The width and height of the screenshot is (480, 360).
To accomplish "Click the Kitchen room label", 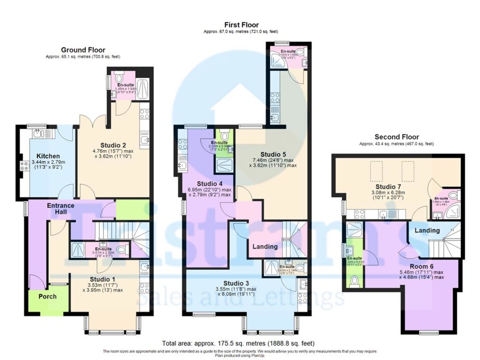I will tap(48, 156).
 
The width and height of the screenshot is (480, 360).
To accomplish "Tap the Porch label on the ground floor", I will tap(47, 296).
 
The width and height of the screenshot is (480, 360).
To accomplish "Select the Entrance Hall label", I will tap(61, 209).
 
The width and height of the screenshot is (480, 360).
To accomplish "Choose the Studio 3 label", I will tap(240, 283).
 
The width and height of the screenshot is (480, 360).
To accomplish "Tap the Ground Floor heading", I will tap(83, 50).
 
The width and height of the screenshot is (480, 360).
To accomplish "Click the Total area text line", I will tap(238, 343).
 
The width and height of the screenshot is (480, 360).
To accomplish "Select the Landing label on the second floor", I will tap(427, 230).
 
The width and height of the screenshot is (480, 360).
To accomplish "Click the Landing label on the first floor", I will tap(265, 246).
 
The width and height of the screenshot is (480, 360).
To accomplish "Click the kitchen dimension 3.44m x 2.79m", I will tap(48, 163).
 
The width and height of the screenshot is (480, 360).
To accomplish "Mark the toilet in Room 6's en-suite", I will tap(353, 282).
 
